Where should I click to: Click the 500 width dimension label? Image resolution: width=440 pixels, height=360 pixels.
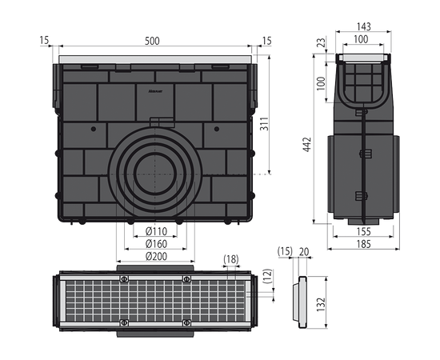tap(152, 41)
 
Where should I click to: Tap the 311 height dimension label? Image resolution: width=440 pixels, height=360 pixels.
tap(264, 123)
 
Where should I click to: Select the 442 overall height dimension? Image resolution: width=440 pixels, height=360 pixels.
tap(307, 145)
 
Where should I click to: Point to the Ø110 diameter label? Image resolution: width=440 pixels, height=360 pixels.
tap(156, 231)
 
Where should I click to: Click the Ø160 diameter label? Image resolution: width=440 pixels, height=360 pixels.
tap(156, 244)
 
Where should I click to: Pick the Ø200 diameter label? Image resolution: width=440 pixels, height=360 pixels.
tap(156, 256)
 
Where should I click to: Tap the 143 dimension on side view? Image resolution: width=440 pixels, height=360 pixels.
tap(364, 26)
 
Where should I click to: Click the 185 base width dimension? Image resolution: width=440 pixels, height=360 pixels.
tap(364, 244)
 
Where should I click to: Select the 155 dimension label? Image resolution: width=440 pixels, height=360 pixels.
tap(364, 232)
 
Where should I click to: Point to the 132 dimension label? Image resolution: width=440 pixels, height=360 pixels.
tap(321, 304)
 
